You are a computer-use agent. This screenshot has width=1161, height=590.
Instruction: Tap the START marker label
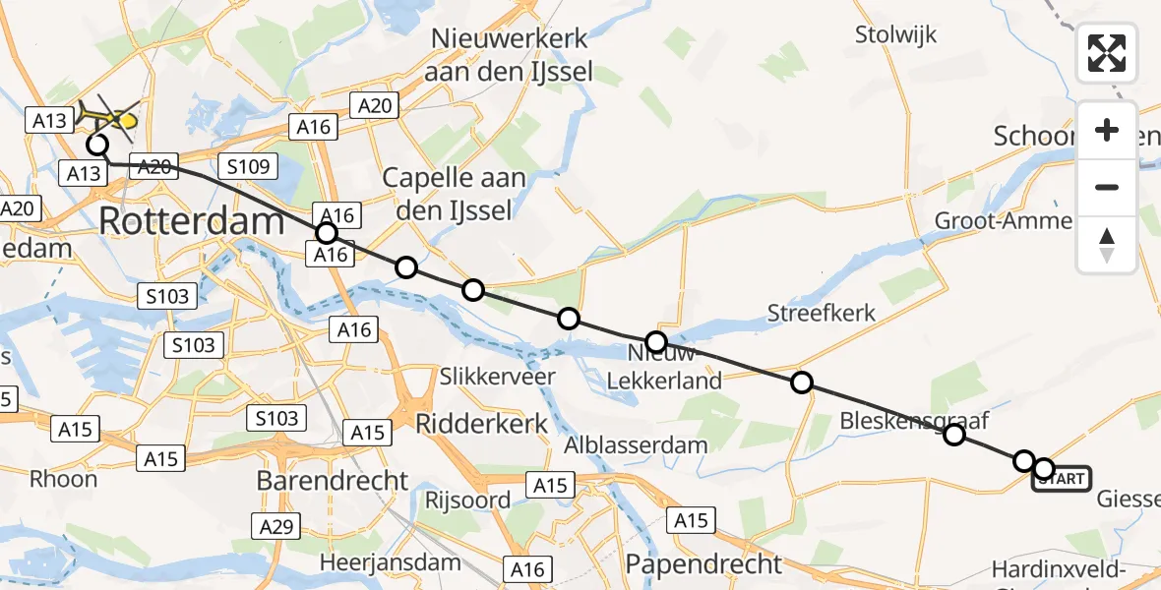click(1062, 479)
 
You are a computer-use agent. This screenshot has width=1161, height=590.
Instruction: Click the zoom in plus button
click(1107, 131)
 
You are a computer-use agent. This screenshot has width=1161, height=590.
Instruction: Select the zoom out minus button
click(1107, 187)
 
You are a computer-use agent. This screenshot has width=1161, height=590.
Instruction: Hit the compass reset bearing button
click(1107, 244)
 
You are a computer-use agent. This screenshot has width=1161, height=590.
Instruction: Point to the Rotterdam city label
click(192, 221)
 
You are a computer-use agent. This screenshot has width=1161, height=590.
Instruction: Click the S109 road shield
click(248, 166)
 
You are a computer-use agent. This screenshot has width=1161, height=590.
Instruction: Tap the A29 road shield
click(277, 528)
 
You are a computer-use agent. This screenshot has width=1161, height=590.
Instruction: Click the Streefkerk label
click(822, 314)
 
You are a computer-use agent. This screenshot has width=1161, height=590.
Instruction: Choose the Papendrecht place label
click(703, 564)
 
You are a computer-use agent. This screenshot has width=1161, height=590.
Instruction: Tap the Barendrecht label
click(333, 481)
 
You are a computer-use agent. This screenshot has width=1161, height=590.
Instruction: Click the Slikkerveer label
click(484, 377)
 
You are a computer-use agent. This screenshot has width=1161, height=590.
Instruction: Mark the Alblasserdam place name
click(636, 444)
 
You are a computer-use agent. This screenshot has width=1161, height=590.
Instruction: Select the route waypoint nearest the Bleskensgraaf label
click(953, 434)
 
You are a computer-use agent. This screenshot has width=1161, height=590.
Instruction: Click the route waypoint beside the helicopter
click(97, 146)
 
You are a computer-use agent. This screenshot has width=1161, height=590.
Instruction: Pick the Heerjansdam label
click(392, 563)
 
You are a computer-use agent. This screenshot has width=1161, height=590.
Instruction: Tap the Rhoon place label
click(64, 480)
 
